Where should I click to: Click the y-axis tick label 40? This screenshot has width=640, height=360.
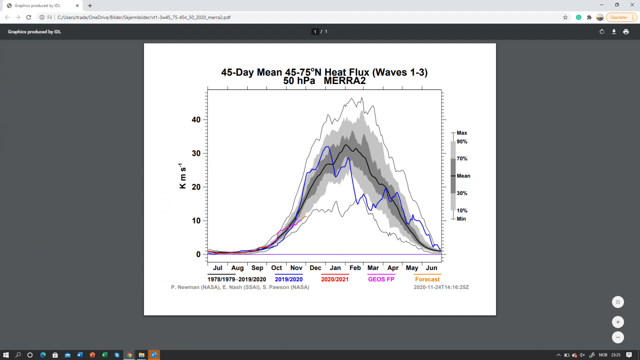coord(196,120)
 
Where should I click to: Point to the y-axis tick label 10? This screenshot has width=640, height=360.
coord(196,221)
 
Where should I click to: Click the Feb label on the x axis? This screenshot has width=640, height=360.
coord(355,268)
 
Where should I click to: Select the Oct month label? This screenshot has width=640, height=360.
coord(276,268)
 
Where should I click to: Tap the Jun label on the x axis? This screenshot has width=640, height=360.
coord(432,268)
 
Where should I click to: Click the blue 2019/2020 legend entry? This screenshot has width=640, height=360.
coord(288,279)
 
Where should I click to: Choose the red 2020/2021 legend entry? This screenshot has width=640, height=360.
coord(335,279)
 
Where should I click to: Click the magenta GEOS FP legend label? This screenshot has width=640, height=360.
coord(381,279)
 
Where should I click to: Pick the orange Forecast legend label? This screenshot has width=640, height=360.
coord(427,279)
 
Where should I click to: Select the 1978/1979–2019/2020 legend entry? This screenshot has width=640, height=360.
coord(237,279)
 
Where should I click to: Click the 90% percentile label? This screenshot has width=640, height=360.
coord(462,142)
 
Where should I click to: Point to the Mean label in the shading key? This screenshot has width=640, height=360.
coord(463,176)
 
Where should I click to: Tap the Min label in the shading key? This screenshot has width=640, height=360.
coord(461,219)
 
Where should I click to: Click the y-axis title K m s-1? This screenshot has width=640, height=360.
coord(182,176)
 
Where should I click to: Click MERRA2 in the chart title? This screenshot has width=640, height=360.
coord(345,81)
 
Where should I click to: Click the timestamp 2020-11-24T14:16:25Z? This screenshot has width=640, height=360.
coord(441,287)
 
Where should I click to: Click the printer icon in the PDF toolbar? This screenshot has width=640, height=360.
coord(626,32)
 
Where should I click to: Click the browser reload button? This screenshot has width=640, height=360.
coord(28,17)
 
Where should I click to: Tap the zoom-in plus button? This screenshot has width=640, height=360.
coord(618,322)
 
